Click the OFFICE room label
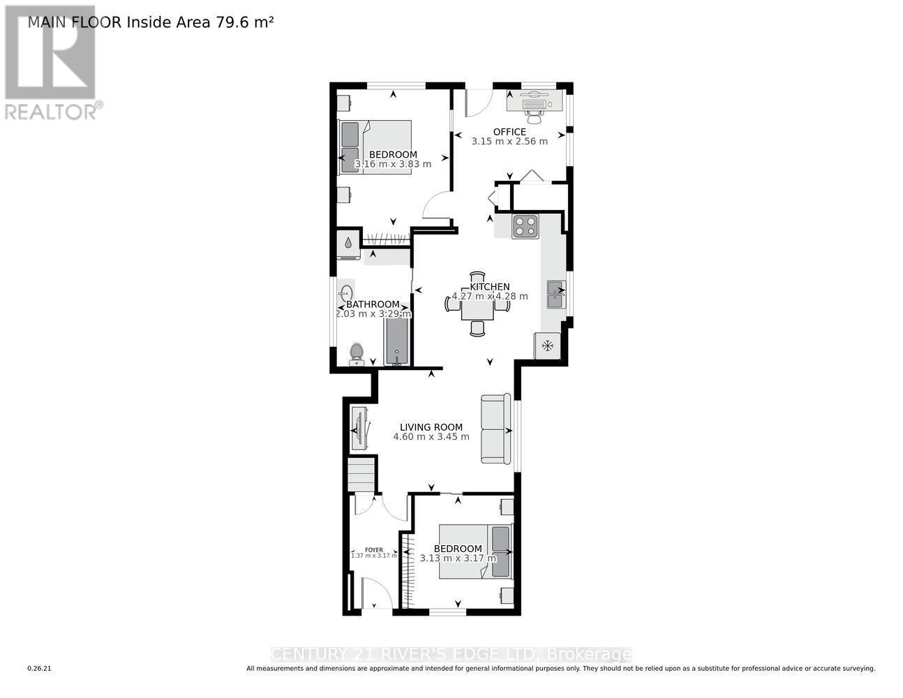click(509, 131)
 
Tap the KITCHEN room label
click(489, 286)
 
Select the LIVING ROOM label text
click(431, 427)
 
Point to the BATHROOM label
click(373, 304)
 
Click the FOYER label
click(373, 549)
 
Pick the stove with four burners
click(525, 226)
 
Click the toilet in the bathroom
click(356, 354)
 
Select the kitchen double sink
click(556, 294)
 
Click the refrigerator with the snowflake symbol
click(548, 346)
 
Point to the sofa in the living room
click(495, 429)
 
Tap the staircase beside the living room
click(361, 474)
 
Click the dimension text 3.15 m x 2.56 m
click(509, 141)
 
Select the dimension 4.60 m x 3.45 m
click(431, 437)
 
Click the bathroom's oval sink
click(346, 294)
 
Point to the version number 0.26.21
click(39, 669)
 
